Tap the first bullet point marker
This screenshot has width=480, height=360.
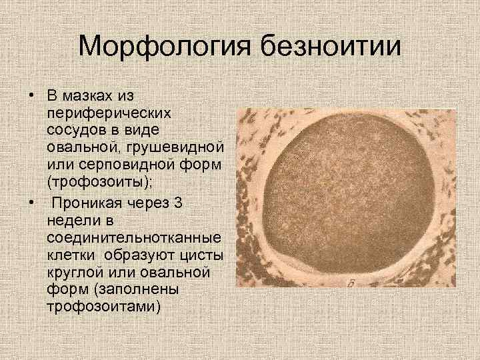31,91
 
